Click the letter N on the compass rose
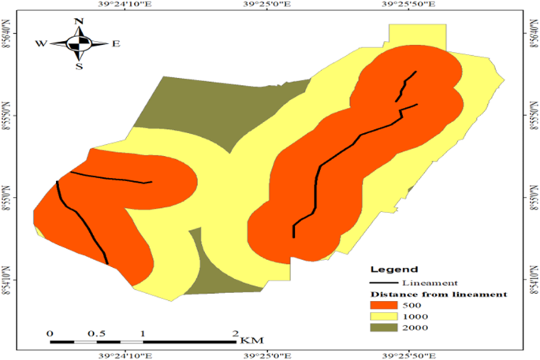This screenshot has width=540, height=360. click(x=79, y=21)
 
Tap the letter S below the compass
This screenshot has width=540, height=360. click(x=79, y=66)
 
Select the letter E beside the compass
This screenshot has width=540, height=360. click(x=115, y=44)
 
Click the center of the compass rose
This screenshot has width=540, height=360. click(x=79, y=44)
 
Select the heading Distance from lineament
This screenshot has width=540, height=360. click(x=438, y=294)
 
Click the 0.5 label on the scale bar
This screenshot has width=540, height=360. click(x=97, y=334)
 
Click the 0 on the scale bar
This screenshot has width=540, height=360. click(x=50, y=334)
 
